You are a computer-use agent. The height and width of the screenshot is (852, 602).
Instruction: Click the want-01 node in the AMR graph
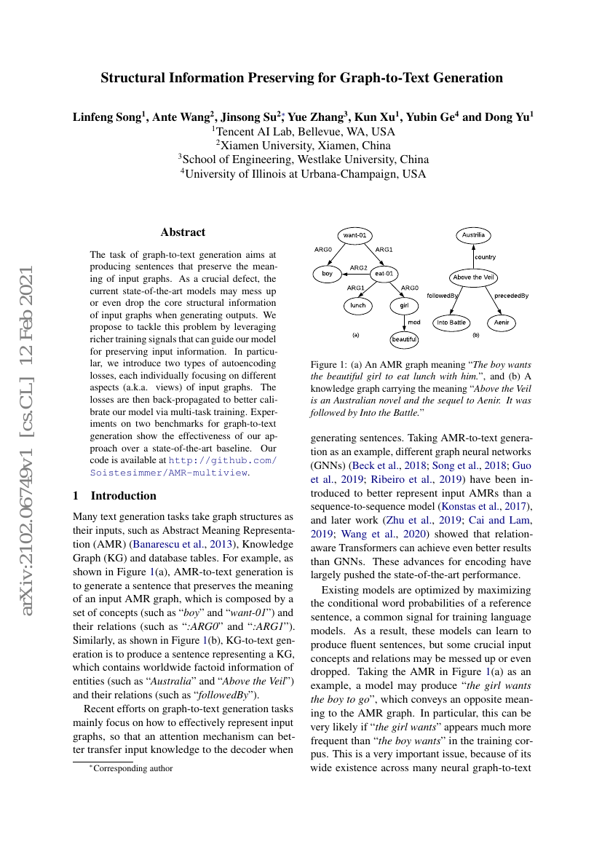356,235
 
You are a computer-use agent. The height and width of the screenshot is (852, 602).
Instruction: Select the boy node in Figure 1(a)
328,275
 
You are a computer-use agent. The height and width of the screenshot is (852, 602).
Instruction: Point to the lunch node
357,306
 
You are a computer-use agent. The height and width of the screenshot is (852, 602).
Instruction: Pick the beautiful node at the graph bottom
404,339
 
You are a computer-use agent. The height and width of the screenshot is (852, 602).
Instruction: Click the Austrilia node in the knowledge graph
474,235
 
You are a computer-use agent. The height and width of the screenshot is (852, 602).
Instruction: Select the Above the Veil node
474,277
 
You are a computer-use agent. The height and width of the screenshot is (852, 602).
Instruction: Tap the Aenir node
502,322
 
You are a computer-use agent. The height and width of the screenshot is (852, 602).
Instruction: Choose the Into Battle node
451,322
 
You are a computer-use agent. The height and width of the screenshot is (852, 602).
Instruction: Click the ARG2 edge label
358,268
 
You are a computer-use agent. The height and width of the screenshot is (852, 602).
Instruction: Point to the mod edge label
413,322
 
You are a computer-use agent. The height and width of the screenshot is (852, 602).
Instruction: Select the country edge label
485,257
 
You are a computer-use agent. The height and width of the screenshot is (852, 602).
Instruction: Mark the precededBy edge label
511,296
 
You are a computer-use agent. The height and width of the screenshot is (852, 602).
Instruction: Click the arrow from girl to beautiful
404,322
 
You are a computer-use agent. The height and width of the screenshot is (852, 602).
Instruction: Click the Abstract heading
183,232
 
